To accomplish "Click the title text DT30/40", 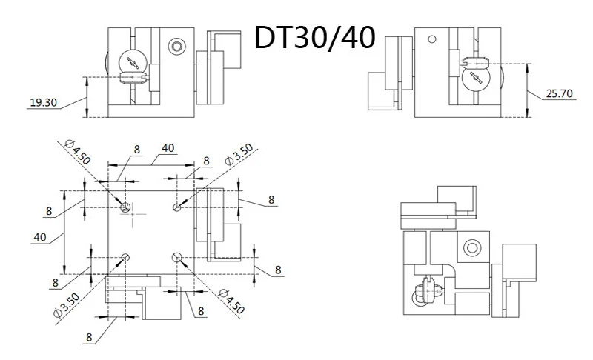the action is [x=315, y=37].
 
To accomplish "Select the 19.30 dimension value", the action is [x=44, y=102].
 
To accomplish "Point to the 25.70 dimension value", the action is [x=560, y=93].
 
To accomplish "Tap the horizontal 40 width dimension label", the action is [x=168, y=148].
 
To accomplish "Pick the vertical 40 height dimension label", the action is [x=40, y=237].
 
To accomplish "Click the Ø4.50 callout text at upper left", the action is [x=78, y=152].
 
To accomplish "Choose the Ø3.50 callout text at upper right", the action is [x=239, y=155].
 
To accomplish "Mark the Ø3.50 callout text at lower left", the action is [x=67, y=305].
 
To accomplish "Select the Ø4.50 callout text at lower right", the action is [x=231, y=301].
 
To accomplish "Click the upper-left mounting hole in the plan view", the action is [x=125, y=207].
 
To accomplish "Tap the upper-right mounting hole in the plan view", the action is [x=177, y=207].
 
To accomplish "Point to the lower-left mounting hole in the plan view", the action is [x=125, y=258].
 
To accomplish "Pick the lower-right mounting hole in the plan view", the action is [x=177, y=258].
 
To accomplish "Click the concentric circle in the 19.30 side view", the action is [x=176, y=47].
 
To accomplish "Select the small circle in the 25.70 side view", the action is [x=432, y=39].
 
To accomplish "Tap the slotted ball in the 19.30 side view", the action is [x=133, y=62].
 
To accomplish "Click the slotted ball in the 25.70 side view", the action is [x=476, y=78].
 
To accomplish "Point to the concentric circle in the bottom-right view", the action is [x=472, y=248].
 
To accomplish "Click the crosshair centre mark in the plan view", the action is [x=133, y=214].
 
